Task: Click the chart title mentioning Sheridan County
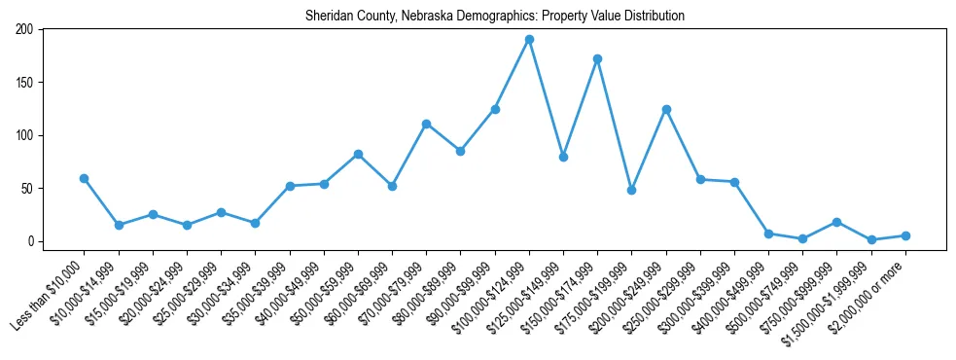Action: tap(495, 16)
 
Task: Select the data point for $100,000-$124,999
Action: tap(529, 40)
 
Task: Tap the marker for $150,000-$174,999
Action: tap(597, 58)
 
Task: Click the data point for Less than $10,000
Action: tap(85, 178)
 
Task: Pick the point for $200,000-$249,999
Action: tap(666, 109)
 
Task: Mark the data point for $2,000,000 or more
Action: tap(905, 235)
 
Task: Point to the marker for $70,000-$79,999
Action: tap(426, 124)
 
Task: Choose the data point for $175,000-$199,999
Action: tap(631, 190)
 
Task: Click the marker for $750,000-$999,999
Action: tap(836, 222)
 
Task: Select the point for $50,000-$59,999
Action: tap(358, 154)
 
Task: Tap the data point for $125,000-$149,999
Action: tap(563, 157)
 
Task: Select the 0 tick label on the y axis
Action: tap(31, 241)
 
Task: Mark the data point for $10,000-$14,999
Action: tap(119, 225)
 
